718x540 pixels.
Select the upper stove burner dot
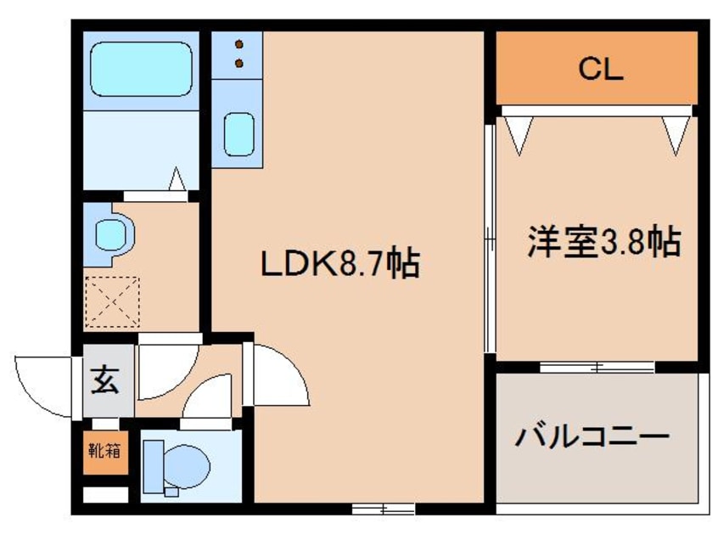pyautogui.click(x=239, y=44)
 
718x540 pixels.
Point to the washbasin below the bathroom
pyautogui.click(x=111, y=233)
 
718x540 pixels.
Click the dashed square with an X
pyautogui.click(x=113, y=301)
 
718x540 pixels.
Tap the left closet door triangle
pyautogui.click(x=518, y=133)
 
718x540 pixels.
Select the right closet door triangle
pyautogui.click(x=676, y=133)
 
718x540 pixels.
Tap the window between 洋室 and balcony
pyautogui.click(x=597, y=368)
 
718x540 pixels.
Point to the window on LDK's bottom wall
pyautogui.click(x=383, y=509)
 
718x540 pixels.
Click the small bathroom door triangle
pyautogui.click(x=177, y=180)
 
